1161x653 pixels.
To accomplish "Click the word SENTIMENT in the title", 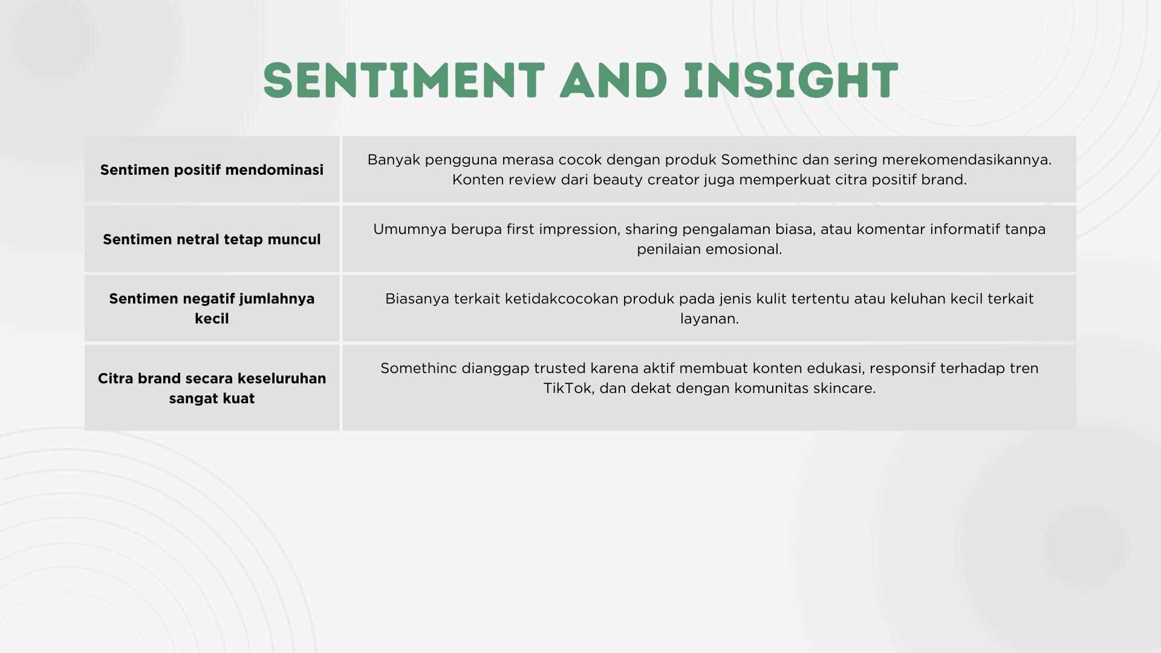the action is click(x=404, y=80).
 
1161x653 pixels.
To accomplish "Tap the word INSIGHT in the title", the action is click(x=791, y=80).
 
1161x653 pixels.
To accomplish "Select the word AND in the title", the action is click(x=614, y=80).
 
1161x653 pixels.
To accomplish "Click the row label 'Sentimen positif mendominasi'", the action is click(x=212, y=170).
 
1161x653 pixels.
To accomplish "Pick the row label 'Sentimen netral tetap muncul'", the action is click(x=212, y=239).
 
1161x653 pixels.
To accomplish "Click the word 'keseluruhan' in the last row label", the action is click(x=282, y=378).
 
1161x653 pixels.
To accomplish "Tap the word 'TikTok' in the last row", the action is click(x=567, y=388).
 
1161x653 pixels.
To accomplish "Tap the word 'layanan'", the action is click(x=709, y=319).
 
